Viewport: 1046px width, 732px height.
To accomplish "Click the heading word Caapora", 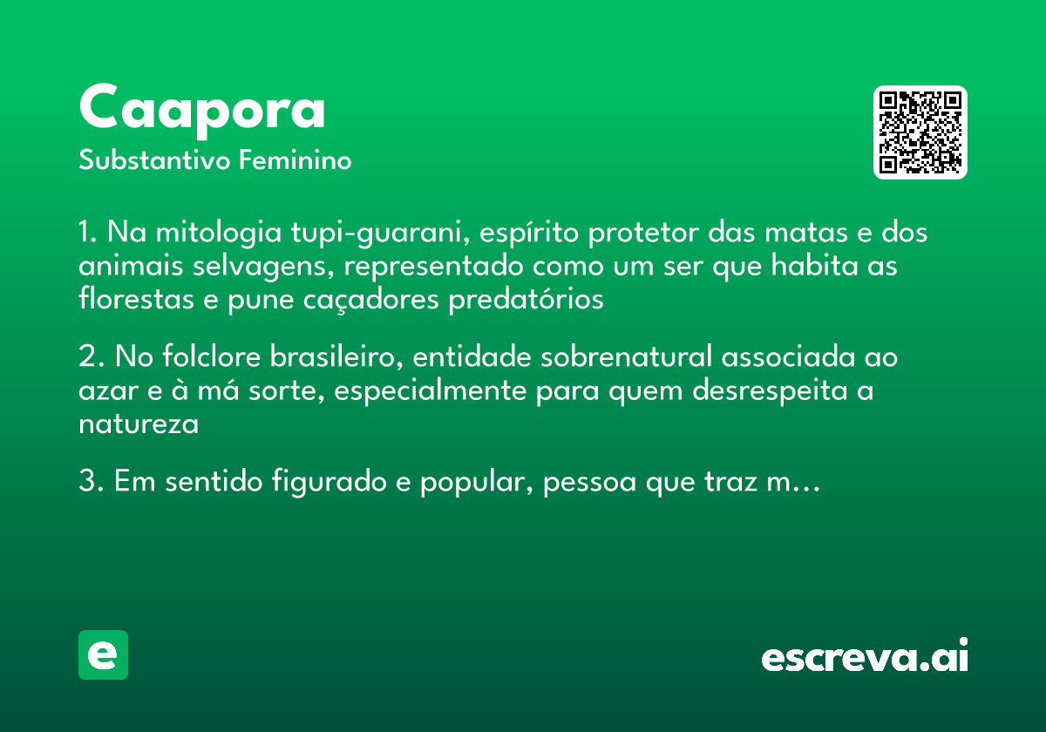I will coord(202,109).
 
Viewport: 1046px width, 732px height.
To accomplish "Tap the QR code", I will coord(920,132).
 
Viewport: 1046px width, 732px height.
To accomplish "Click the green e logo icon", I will coord(103,654).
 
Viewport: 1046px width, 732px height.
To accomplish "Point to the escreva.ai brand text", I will coord(865,657).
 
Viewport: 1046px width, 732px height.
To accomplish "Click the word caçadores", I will coord(376,299).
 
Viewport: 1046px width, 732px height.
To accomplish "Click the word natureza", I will coord(138,424).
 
